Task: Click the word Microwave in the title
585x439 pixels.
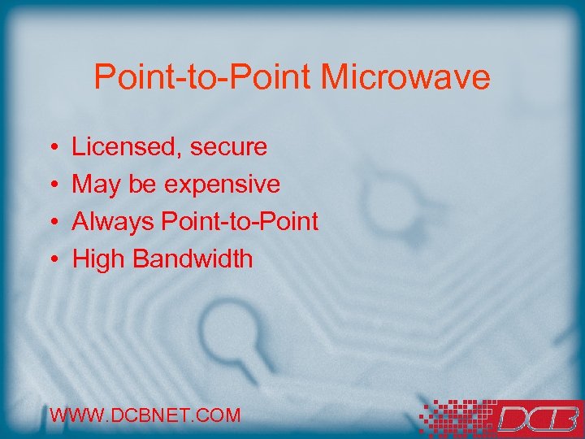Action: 405,77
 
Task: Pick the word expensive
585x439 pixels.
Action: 222,185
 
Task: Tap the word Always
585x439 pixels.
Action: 114,222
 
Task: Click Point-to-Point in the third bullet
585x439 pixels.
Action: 240,222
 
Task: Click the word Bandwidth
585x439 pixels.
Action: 193,259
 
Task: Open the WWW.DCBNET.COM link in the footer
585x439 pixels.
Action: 145,415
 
